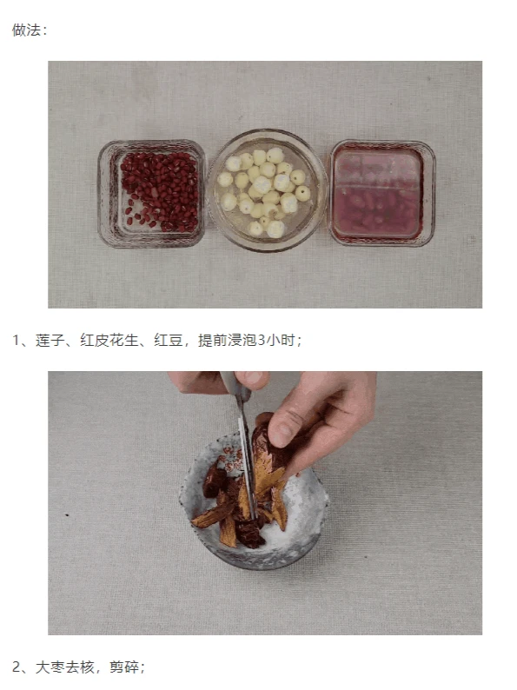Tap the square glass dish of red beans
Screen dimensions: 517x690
[152, 194]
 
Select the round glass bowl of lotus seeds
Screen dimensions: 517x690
[268, 190]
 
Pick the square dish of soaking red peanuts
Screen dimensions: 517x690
[382, 193]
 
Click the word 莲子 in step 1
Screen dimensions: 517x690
[50, 340]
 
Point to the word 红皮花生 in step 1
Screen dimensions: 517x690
[109, 340]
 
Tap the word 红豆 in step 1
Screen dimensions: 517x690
[168, 340]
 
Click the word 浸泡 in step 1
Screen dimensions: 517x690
[242, 340]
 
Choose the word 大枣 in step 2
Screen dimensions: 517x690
[50, 667]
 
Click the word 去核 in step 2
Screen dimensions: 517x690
[80, 667]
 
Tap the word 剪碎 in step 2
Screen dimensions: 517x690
[124, 667]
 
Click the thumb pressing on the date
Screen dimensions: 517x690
[286, 423]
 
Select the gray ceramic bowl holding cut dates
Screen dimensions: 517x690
[254, 501]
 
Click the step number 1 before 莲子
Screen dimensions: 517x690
[17, 340]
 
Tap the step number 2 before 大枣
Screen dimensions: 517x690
[17, 667]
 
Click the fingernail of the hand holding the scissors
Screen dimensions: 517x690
[253, 378]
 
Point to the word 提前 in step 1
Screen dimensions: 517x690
[213, 340]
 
